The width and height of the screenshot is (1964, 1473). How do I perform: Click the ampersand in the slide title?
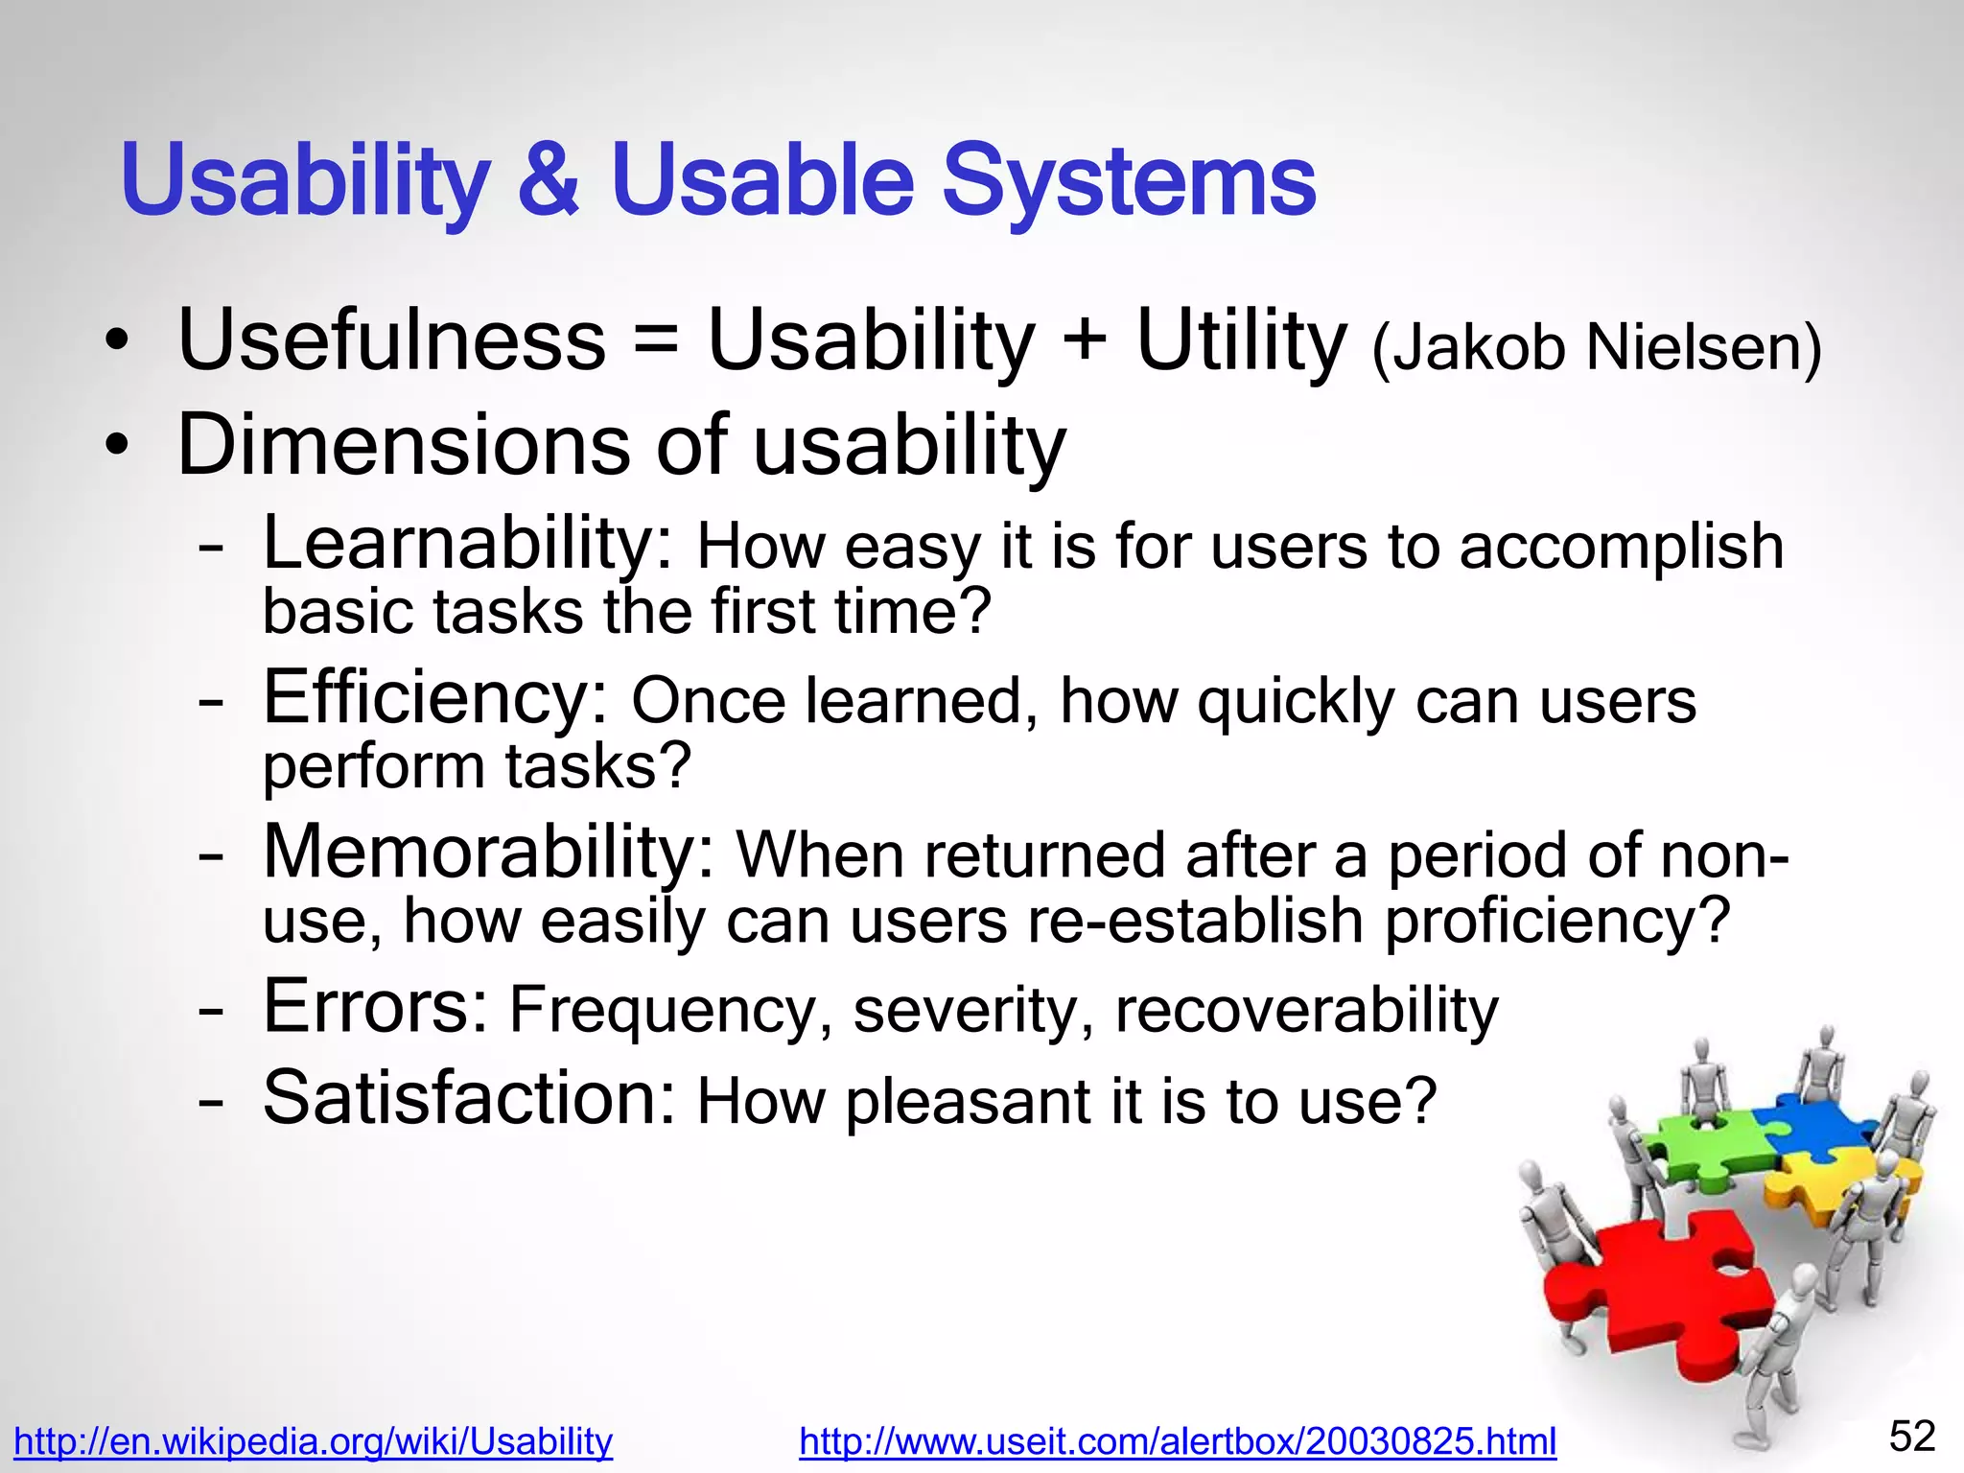click(549, 179)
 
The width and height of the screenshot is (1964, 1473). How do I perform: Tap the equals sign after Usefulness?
click(656, 343)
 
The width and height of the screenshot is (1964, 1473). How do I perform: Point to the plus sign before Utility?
click(1085, 341)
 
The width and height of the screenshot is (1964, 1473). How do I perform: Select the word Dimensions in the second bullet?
click(403, 445)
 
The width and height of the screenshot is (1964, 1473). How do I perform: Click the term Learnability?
click(468, 545)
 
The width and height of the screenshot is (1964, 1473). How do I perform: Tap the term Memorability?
click(487, 853)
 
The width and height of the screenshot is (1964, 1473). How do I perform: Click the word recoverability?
click(1306, 1011)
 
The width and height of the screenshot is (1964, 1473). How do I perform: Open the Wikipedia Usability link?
click(313, 1441)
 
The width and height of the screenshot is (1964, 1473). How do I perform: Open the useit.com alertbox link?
click(1177, 1441)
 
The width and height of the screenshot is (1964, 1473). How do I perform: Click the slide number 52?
click(1911, 1437)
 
